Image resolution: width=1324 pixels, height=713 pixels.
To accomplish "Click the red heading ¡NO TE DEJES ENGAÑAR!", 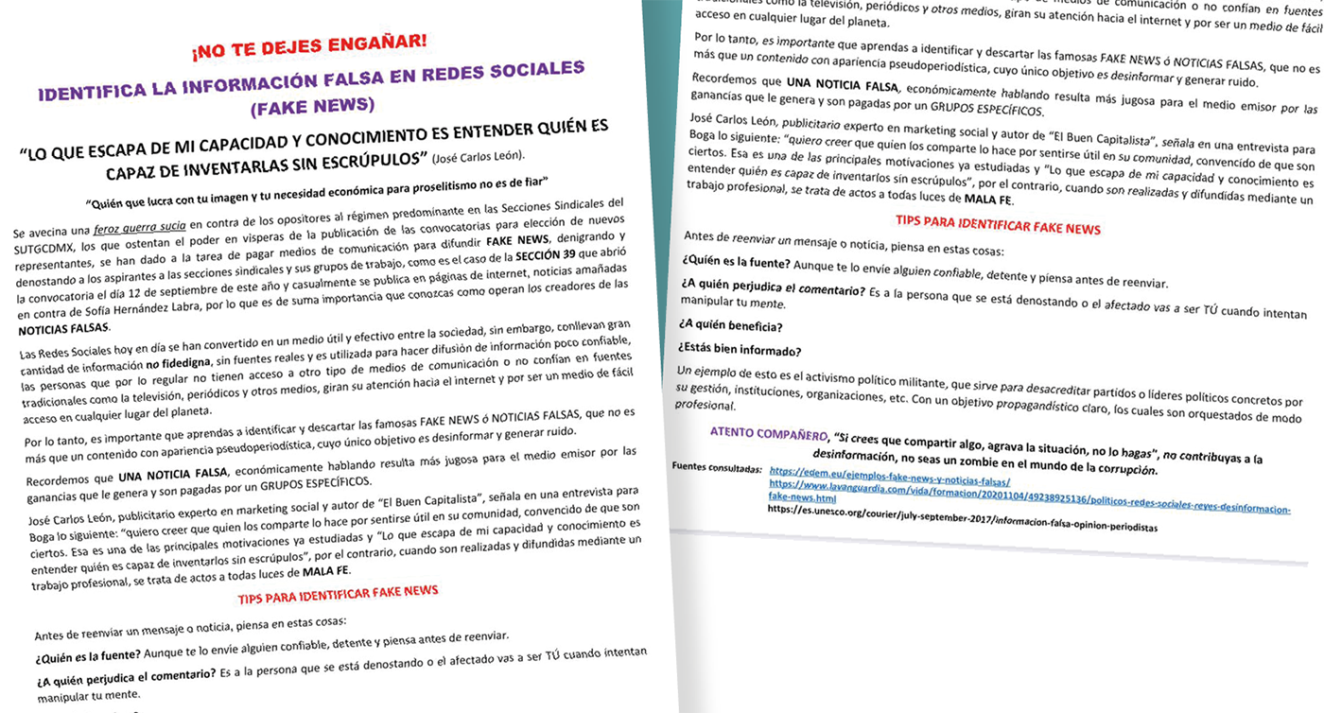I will [x=309, y=46].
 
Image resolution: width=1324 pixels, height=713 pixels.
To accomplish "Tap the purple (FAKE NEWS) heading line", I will [x=313, y=106].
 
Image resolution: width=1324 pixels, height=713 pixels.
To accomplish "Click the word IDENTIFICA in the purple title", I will [x=94, y=91].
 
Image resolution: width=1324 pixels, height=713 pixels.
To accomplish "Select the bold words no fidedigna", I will [x=178, y=365].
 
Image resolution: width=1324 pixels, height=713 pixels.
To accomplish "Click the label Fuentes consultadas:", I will [x=716, y=467].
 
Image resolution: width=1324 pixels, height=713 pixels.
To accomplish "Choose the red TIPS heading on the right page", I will [x=998, y=226].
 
